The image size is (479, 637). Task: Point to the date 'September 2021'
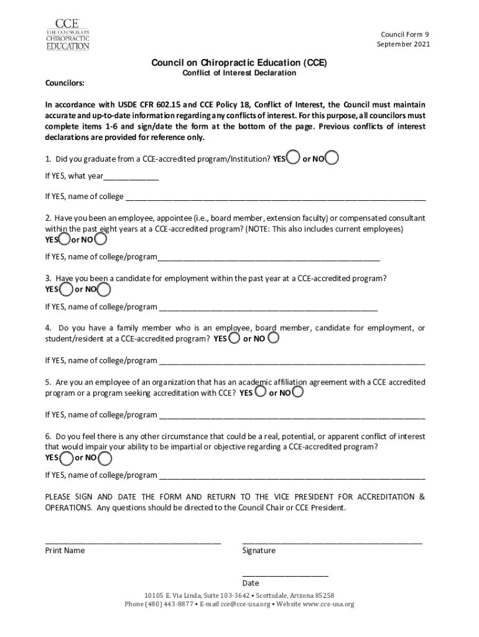(x=403, y=44)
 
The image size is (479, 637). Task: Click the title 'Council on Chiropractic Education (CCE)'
(x=239, y=63)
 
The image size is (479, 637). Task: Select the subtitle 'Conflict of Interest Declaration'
(x=239, y=73)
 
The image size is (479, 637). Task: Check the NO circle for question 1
(x=332, y=158)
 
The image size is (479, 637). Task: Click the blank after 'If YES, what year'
(x=131, y=177)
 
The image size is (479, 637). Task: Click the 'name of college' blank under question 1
(x=276, y=198)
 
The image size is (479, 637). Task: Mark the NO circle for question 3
(x=104, y=289)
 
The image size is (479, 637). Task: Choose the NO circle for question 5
(x=298, y=393)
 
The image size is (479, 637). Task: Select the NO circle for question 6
(x=105, y=458)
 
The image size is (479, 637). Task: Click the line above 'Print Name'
(x=133, y=541)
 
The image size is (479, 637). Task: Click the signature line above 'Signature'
(x=332, y=541)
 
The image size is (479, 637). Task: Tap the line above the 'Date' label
(x=285, y=575)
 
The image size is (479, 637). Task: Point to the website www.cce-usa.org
(x=323, y=604)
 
